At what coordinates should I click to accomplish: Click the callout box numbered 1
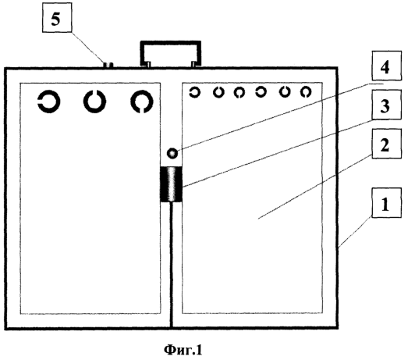(x=386, y=202)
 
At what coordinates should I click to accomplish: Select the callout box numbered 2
(x=386, y=144)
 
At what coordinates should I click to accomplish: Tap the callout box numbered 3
(x=386, y=105)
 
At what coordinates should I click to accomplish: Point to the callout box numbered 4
(x=386, y=66)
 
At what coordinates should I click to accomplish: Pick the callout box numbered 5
(x=57, y=18)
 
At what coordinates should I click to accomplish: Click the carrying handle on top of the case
(x=170, y=43)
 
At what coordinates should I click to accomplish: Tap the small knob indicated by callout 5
(x=108, y=65)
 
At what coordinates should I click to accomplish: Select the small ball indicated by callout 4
(x=172, y=153)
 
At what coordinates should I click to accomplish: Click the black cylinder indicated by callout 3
(x=171, y=184)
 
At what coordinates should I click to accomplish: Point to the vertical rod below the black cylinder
(x=171, y=265)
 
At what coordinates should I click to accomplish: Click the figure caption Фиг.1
(x=183, y=350)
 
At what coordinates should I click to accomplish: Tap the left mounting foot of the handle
(x=147, y=64)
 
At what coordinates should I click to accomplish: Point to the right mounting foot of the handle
(x=194, y=64)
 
